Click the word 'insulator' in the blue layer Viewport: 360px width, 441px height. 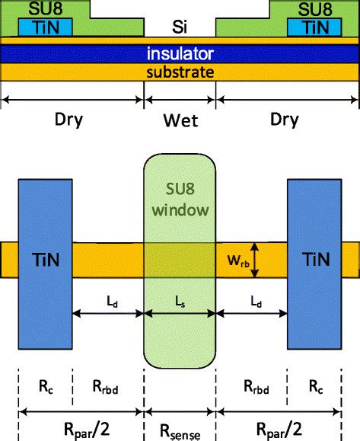180,54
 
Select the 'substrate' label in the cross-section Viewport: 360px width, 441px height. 180,72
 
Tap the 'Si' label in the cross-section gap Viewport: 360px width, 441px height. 180,28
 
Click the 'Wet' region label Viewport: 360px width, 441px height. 180,120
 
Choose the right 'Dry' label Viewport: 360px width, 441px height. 285,120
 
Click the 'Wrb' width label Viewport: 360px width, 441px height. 234,260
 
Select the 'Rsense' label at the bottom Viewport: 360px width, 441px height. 180,431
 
